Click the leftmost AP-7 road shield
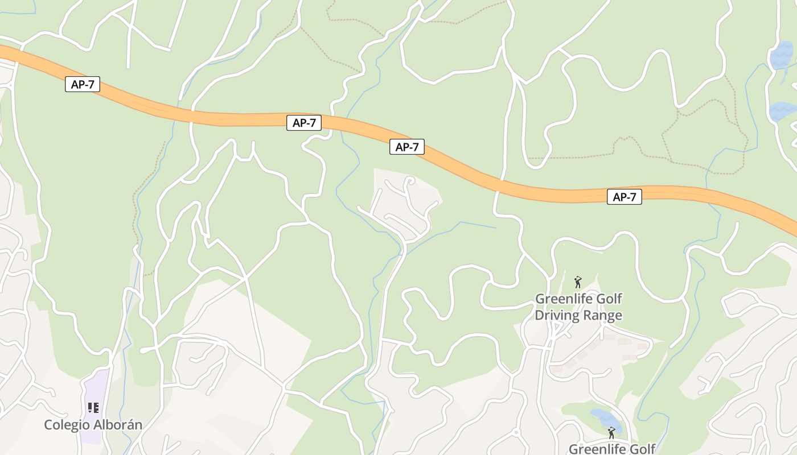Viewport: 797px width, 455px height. pyautogui.click(x=83, y=85)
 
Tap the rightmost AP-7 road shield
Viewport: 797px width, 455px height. pyautogui.click(x=624, y=197)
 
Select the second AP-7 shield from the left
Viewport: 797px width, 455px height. pyautogui.click(x=304, y=122)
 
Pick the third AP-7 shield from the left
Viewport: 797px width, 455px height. pyautogui.click(x=407, y=147)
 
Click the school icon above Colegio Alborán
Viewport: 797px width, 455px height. pyautogui.click(x=93, y=408)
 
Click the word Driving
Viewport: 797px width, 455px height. pyautogui.click(x=557, y=315)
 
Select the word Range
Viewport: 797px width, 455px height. pyautogui.click(x=602, y=315)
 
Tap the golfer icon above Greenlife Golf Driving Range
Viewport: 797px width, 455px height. pyautogui.click(x=578, y=282)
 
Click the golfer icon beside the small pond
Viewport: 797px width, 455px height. pyautogui.click(x=611, y=433)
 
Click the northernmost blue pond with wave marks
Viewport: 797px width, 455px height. pyautogui.click(x=781, y=56)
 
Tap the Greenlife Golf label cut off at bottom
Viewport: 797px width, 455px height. pyautogui.click(x=612, y=449)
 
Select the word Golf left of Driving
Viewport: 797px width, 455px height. pyautogui.click(x=610, y=299)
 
